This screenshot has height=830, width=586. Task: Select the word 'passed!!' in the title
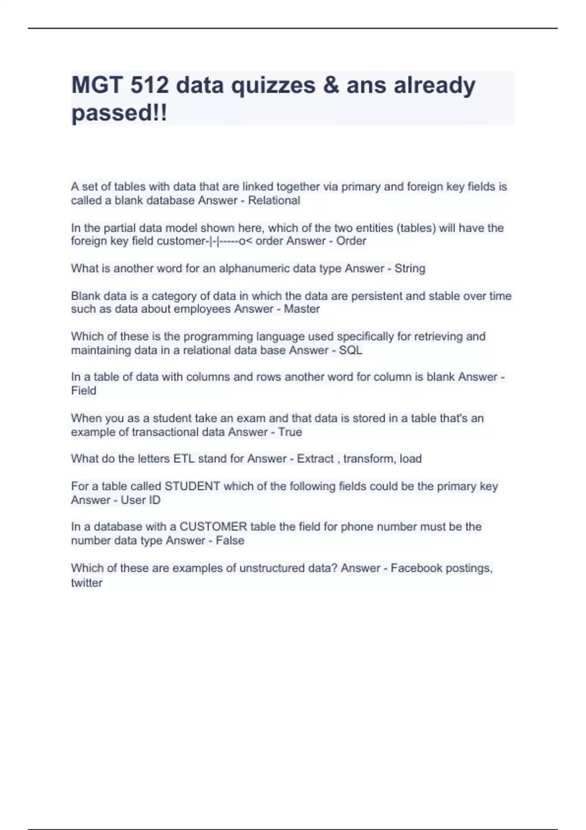click(119, 113)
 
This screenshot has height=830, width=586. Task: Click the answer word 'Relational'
click(274, 201)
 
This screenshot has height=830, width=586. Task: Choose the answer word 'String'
click(410, 269)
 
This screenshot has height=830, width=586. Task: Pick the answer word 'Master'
click(302, 309)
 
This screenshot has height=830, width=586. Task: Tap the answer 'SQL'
click(351, 351)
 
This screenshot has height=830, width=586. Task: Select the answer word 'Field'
click(84, 391)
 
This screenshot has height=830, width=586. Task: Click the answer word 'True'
click(290, 432)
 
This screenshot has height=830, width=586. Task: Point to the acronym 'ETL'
click(184, 459)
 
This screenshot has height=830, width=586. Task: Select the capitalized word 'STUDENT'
click(192, 486)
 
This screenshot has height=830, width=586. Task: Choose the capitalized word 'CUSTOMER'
click(213, 527)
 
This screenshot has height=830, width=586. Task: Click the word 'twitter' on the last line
click(86, 583)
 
